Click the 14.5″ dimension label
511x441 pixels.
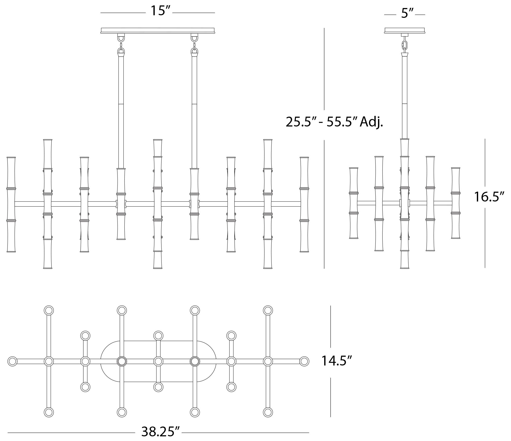click(337, 361)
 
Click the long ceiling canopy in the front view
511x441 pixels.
click(158, 31)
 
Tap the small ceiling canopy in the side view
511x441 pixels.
click(405, 31)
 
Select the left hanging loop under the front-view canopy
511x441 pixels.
click(121, 38)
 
